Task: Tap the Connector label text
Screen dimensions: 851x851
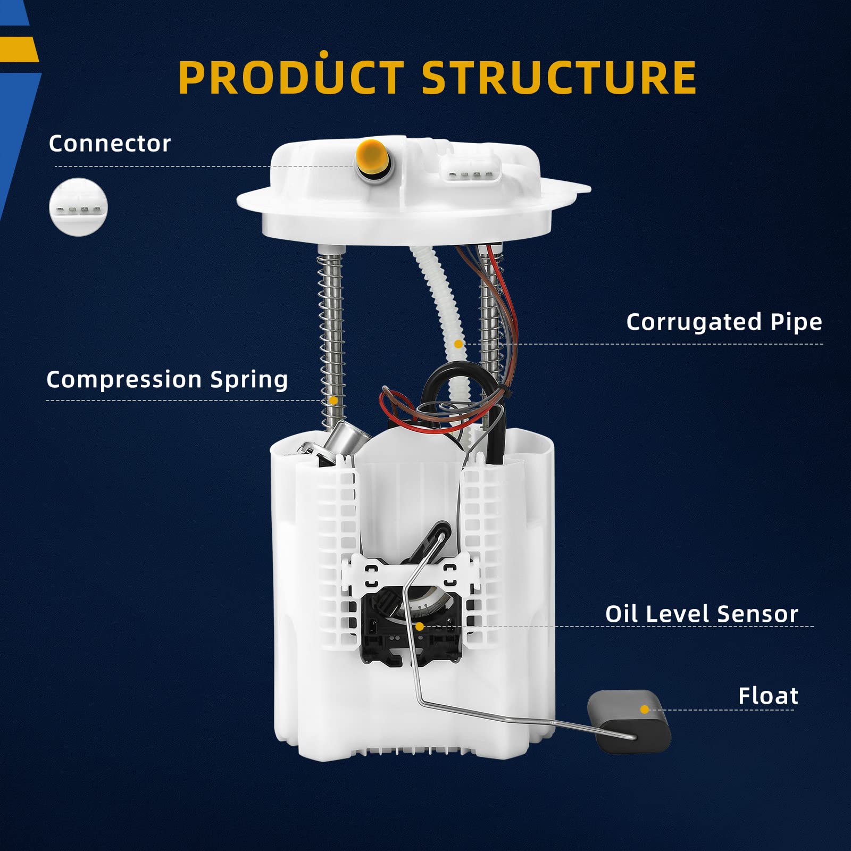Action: click(x=110, y=144)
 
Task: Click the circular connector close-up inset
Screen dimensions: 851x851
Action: click(x=78, y=207)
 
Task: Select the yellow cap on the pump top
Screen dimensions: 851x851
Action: click(x=371, y=155)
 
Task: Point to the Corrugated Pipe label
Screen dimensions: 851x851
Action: click(x=723, y=322)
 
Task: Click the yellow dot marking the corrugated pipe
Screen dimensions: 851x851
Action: click(x=458, y=344)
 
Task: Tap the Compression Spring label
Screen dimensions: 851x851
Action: click(x=167, y=380)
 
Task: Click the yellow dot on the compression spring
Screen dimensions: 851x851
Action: click(x=333, y=401)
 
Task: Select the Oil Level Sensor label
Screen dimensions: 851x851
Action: click(x=701, y=614)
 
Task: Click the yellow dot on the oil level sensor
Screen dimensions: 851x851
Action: click(x=419, y=627)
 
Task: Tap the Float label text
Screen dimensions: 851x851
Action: click(x=767, y=696)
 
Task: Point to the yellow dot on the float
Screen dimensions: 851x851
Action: click(x=645, y=710)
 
